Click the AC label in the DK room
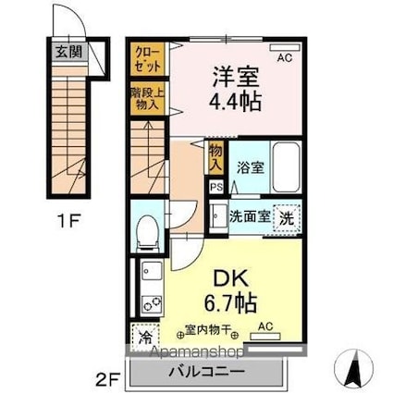point(264,326)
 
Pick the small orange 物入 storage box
point(215,155)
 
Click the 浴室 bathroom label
point(250,169)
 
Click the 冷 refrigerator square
point(144,338)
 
